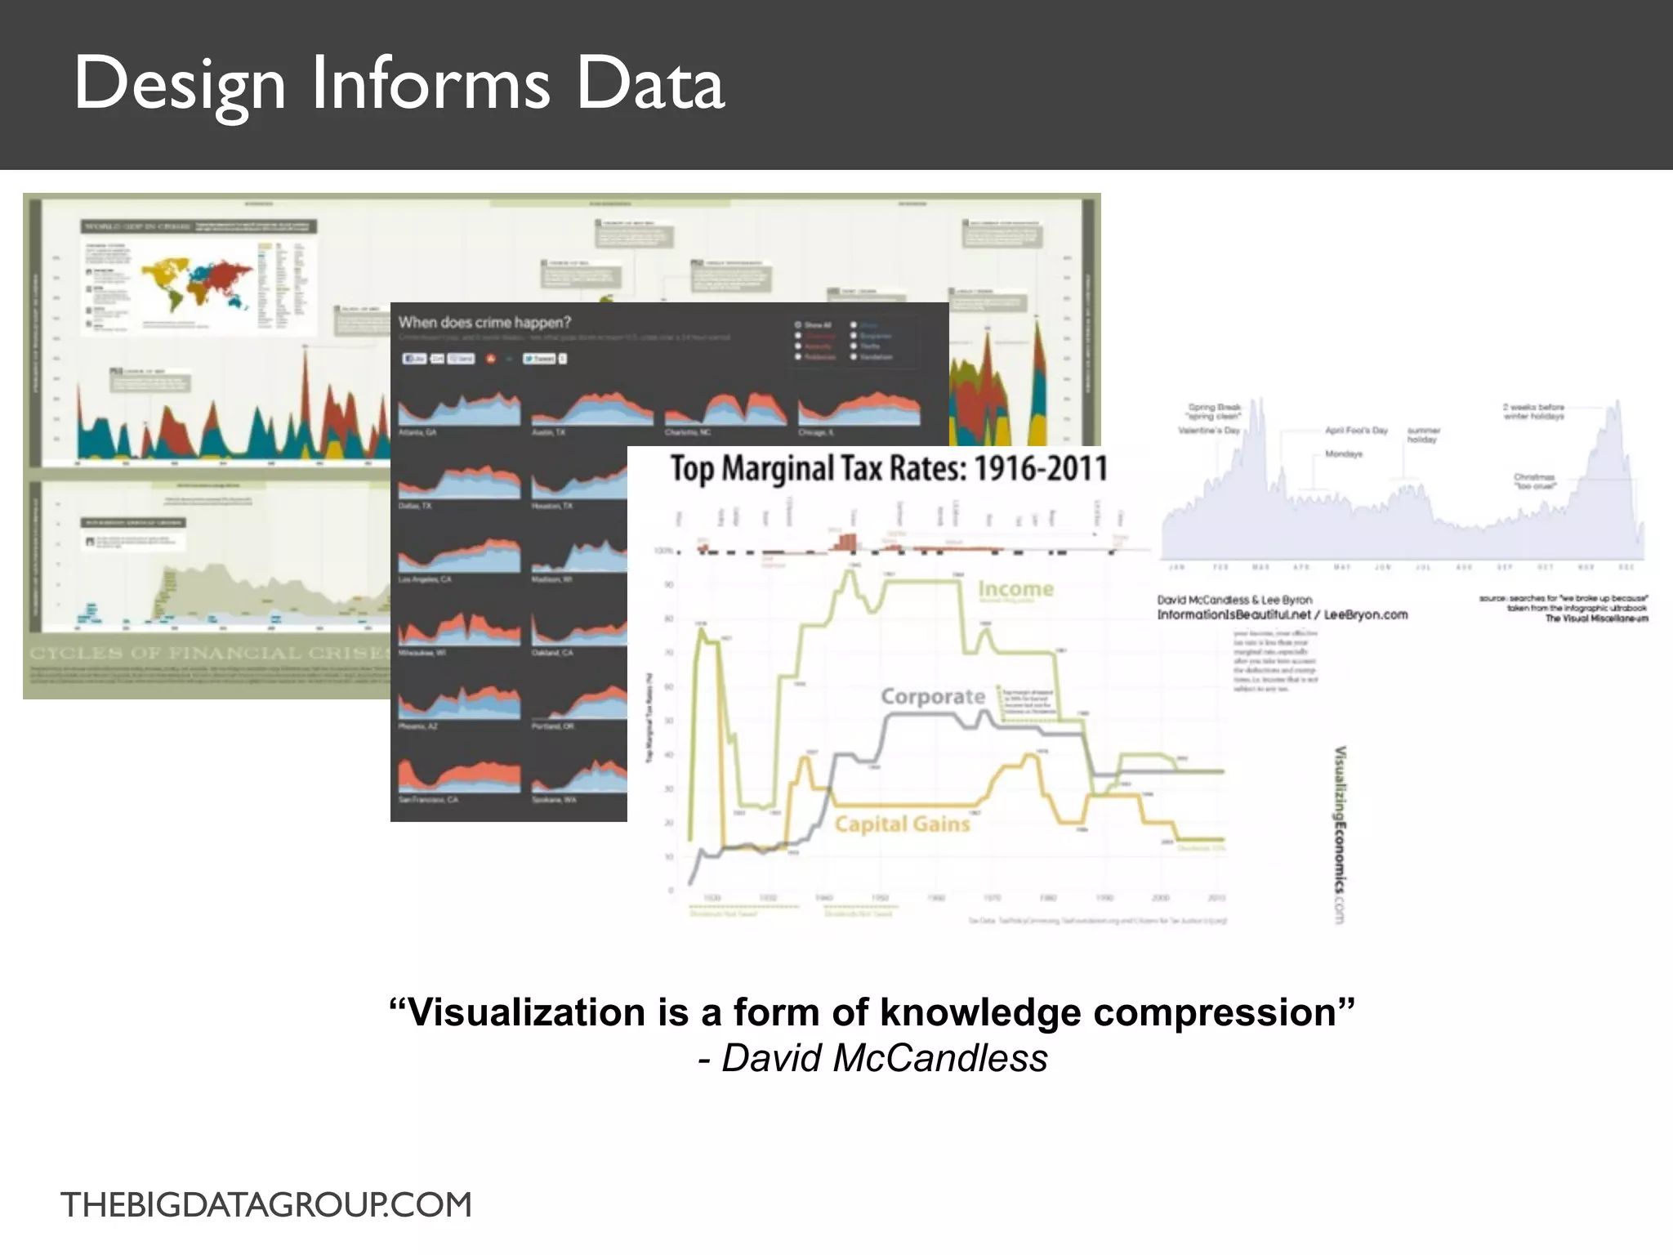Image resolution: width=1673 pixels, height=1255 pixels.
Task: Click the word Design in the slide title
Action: [180, 85]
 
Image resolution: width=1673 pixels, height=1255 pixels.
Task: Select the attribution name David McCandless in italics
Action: [884, 1058]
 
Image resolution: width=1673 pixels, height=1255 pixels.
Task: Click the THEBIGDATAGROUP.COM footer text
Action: [266, 1205]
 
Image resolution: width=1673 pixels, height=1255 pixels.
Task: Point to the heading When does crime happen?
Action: [484, 323]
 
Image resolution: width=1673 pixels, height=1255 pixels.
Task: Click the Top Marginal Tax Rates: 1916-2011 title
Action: [889, 469]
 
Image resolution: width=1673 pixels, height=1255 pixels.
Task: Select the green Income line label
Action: [1015, 589]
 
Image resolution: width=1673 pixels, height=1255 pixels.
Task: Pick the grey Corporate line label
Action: [933, 697]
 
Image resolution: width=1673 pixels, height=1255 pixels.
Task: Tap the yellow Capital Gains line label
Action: [902, 824]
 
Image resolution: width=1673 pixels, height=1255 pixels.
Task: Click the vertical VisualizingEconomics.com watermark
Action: [1340, 833]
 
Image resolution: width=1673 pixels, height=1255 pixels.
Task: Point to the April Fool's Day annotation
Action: [1356, 431]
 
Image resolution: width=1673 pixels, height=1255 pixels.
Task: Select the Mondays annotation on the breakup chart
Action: [1343, 453]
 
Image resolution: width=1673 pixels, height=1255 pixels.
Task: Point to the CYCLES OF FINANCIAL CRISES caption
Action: [209, 653]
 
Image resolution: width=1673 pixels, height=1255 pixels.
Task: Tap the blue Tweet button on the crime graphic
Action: [540, 359]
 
